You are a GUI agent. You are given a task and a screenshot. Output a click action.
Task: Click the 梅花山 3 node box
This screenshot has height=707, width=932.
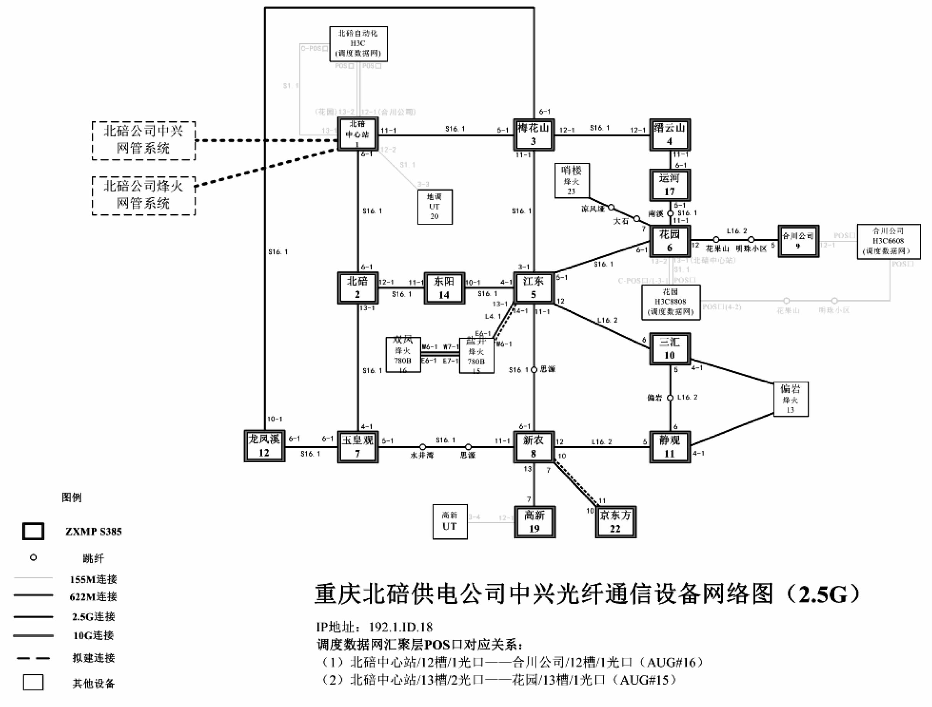click(x=533, y=134)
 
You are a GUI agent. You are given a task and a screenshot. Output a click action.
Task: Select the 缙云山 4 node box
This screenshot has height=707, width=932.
click(x=669, y=134)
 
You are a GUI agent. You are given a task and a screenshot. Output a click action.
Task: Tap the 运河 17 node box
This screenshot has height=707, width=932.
click(x=669, y=185)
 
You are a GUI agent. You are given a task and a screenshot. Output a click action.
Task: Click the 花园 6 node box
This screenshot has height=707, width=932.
click(x=669, y=241)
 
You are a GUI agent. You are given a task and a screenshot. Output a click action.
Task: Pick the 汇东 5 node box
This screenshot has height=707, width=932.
click(x=533, y=288)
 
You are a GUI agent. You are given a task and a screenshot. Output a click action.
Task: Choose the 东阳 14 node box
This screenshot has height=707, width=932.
click(x=444, y=288)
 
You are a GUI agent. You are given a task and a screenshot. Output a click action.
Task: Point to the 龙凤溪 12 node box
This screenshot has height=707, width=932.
click(x=264, y=446)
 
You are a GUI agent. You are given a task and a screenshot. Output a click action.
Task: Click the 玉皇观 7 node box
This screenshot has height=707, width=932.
click(x=358, y=447)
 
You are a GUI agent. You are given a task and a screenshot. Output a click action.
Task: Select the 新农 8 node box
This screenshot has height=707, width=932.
click(x=533, y=447)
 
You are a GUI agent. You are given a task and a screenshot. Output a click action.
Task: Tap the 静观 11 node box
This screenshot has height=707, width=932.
click(x=670, y=447)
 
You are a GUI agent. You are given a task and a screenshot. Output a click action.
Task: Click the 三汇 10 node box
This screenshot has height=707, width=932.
click(x=669, y=348)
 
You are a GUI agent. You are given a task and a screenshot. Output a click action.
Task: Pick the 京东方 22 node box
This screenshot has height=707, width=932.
click(x=615, y=522)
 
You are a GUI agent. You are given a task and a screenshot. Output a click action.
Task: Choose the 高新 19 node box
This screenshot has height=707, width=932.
click(x=535, y=522)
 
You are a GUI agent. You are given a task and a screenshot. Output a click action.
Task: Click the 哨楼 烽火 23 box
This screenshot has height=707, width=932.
click(x=572, y=181)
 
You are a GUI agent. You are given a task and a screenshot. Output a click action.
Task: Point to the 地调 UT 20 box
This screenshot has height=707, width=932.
click(x=435, y=206)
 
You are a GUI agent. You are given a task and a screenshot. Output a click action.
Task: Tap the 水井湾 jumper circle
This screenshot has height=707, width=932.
click(x=422, y=447)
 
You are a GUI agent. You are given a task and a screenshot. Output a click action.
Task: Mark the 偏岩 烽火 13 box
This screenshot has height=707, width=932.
click(x=790, y=399)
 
